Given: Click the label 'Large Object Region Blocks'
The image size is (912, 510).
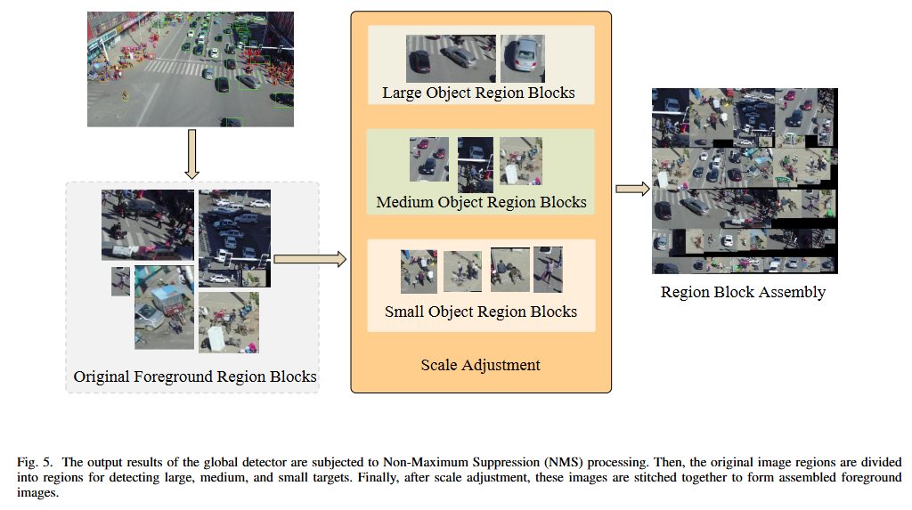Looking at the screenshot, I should (x=478, y=93).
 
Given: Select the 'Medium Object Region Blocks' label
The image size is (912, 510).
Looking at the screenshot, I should (x=481, y=202).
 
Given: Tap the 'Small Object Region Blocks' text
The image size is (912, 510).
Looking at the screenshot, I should (x=481, y=312).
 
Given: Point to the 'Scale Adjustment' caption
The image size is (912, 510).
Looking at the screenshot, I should (x=480, y=365).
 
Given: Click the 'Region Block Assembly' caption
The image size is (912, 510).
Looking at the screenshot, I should (x=743, y=292).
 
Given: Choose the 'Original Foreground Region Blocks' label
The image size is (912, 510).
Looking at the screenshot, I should (x=195, y=376).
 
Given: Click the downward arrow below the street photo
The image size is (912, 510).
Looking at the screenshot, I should (x=190, y=153).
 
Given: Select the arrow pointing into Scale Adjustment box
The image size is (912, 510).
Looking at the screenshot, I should (x=309, y=259).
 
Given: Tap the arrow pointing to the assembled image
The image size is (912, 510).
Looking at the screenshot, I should (x=632, y=188).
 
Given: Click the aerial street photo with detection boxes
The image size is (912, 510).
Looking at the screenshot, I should (x=190, y=69).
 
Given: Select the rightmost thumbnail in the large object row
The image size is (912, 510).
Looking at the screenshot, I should (x=522, y=58).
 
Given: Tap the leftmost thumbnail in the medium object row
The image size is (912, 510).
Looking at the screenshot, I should (x=428, y=159).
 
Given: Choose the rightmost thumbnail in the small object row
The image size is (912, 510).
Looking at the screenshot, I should (x=548, y=270).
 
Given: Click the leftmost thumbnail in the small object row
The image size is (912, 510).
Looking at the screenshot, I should (x=419, y=271).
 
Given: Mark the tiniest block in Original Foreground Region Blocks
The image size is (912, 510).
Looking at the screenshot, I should (x=120, y=281).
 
